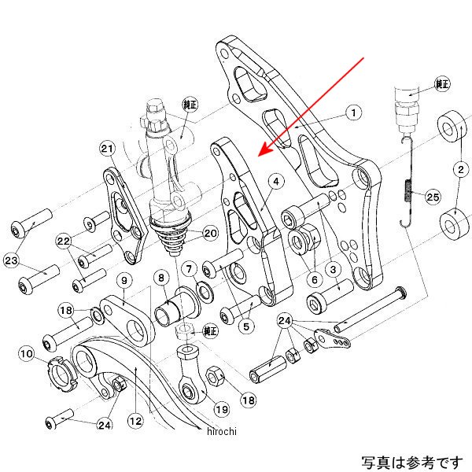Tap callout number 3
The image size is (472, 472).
[x=334, y=269]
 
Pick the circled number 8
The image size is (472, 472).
[x=160, y=278]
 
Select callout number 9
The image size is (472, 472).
[x=124, y=281]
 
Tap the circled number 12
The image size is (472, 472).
[x=136, y=422]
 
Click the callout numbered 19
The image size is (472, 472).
[x=222, y=408]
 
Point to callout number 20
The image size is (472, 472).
[x=210, y=233]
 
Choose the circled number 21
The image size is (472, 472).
[x=107, y=149]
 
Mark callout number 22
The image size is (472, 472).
[x=63, y=242]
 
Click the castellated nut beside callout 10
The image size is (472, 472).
[x=62, y=368]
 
